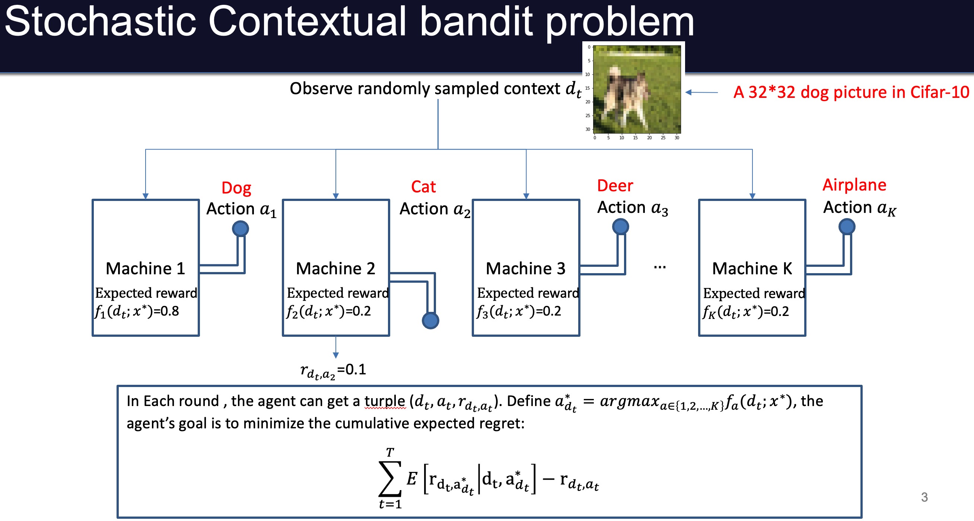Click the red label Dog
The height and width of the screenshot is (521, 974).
(x=236, y=188)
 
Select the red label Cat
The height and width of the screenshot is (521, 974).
(x=423, y=187)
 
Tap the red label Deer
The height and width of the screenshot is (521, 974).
(x=615, y=186)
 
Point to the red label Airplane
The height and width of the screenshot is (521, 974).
(x=854, y=185)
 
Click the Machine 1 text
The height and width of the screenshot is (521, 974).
(x=146, y=269)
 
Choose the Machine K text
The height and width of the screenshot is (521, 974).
(x=752, y=269)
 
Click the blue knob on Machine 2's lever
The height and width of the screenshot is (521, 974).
(x=430, y=321)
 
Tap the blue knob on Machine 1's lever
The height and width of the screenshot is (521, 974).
(x=241, y=228)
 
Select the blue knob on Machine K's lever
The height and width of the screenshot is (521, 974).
(x=847, y=227)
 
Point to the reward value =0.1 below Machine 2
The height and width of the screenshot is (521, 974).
(x=351, y=370)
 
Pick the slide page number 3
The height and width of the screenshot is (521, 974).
(x=924, y=497)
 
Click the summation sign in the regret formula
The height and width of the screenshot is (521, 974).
(x=389, y=478)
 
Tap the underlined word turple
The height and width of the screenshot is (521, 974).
(x=385, y=401)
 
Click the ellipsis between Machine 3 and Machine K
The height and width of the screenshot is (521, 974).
(x=659, y=268)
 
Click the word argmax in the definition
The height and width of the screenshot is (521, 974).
(x=630, y=401)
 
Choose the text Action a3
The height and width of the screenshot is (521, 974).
(x=632, y=208)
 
